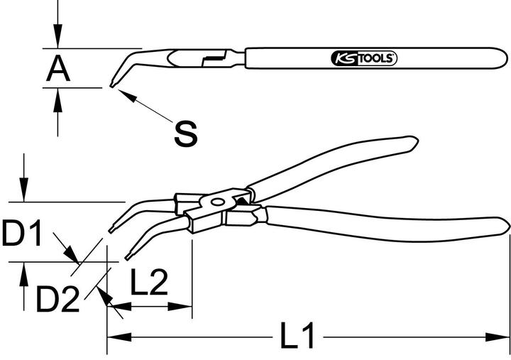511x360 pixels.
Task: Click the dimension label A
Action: click(x=58, y=69)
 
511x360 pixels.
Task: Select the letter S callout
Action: click(x=185, y=133)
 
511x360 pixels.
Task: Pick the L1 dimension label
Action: click(x=298, y=336)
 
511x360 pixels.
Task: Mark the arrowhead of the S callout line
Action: click(x=121, y=93)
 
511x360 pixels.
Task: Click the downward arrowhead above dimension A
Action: click(x=58, y=41)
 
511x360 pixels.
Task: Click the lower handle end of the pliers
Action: click(x=505, y=227)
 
